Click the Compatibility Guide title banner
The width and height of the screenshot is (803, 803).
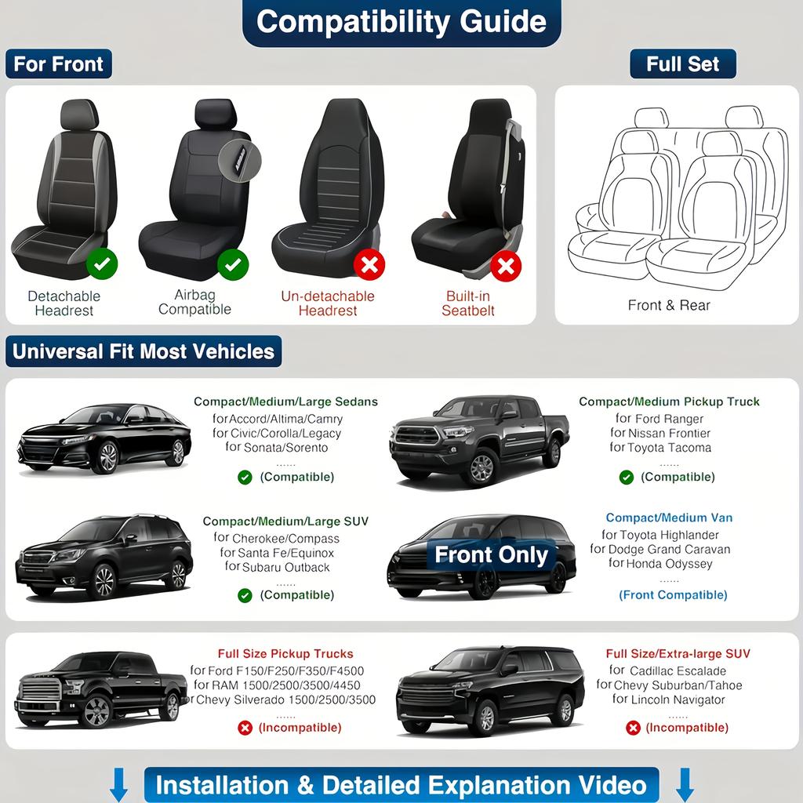point(401,22)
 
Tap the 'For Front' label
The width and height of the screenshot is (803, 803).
point(59,64)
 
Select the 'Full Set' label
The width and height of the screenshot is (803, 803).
point(682,64)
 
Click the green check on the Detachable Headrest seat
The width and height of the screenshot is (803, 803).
point(101,264)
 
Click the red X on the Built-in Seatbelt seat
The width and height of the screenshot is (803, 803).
point(506,267)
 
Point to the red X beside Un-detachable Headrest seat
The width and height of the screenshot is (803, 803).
point(369,265)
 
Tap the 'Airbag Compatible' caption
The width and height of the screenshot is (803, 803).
point(194,303)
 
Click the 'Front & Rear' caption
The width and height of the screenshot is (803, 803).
point(669,305)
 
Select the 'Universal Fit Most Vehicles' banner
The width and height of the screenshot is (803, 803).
point(144,351)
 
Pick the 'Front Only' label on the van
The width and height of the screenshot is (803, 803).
point(491,555)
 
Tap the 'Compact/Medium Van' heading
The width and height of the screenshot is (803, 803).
point(669,518)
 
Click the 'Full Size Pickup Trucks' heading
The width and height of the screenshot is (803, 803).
point(285,653)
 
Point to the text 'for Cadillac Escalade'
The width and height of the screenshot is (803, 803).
point(667,670)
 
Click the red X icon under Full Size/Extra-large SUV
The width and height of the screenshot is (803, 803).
point(633,728)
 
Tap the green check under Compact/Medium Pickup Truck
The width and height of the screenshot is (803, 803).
point(626,477)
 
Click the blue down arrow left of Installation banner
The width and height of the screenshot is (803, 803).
point(118,784)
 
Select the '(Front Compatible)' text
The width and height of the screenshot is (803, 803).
point(673,594)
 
